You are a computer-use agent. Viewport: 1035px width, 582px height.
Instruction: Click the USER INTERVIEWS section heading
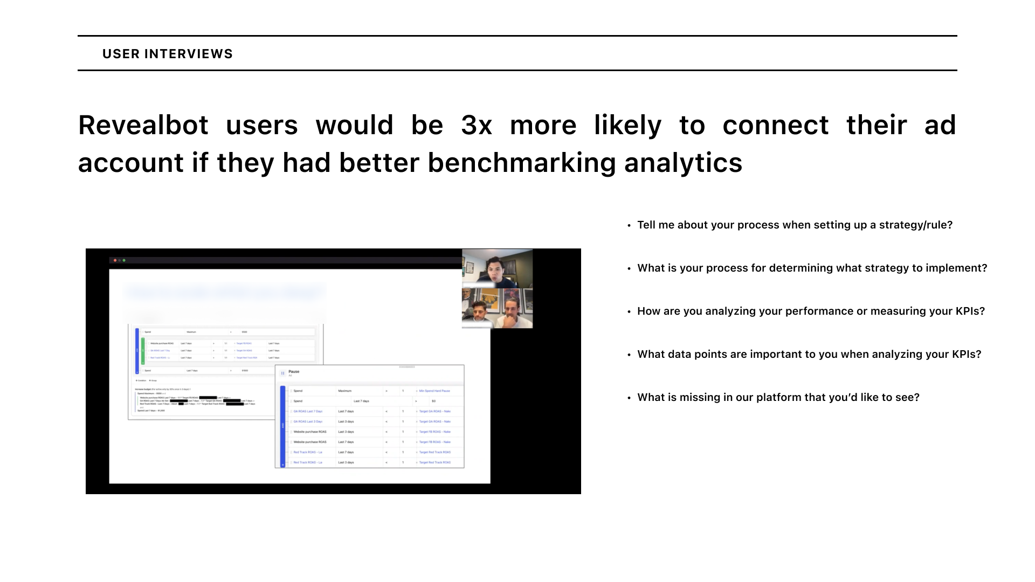(x=167, y=54)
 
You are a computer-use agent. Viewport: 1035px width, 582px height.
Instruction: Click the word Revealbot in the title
(x=143, y=125)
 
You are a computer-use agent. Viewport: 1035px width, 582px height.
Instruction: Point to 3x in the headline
(x=476, y=125)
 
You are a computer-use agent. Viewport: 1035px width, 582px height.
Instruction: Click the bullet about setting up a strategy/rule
(x=794, y=225)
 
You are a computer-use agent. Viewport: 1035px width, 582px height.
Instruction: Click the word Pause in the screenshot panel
(x=294, y=371)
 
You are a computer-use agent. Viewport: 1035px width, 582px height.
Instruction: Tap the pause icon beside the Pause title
(x=282, y=373)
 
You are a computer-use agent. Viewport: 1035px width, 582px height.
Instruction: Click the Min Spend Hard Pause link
(x=434, y=391)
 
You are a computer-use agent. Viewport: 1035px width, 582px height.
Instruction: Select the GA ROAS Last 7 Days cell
(x=308, y=411)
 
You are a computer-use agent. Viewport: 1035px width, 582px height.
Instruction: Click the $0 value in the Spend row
(x=433, y=401)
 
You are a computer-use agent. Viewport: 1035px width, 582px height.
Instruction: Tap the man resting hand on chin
(x=511, y=313)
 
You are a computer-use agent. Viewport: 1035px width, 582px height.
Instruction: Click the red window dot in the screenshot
(x=115, y=260)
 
